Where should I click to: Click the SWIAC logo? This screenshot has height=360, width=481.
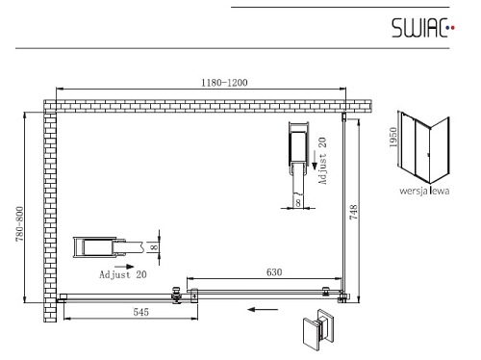[423, 28]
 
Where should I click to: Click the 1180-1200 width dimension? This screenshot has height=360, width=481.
[224, 83]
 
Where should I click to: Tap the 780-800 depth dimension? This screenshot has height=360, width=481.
[19, 224]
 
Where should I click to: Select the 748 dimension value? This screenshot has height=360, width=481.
[353, 212]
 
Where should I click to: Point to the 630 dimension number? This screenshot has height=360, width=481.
[274, 272]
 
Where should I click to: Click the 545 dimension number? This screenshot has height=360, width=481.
[141, 312]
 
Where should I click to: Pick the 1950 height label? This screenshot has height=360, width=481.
[393, 138]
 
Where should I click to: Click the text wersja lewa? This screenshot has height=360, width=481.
[424, 191]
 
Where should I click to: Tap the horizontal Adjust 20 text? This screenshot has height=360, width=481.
[123, 274]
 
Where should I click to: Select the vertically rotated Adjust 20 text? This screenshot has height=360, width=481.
[322, 161]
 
